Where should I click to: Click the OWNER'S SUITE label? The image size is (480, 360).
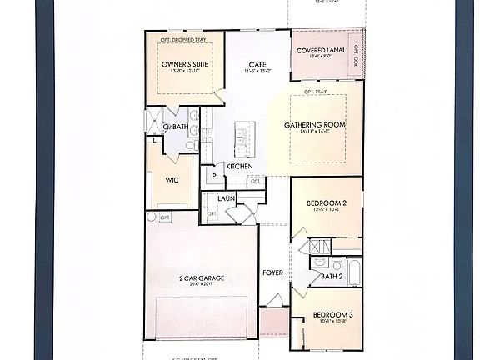(x=184, y=63)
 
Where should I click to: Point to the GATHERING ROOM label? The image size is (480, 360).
(x=314, y=125)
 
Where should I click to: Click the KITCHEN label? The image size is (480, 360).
(x=239, y=167)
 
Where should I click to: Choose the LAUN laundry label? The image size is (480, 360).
(x=226, y=198)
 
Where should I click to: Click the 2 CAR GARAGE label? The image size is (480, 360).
(x=201, y=277)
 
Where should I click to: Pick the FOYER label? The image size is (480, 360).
(x=272, y=272)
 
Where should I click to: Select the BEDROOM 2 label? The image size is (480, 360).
(x=326, y=203)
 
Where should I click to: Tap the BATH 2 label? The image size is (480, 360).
(x=331, y=276)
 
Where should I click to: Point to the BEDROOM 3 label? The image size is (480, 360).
(x=332, y=314)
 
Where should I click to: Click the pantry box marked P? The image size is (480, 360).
(x=213, y=177)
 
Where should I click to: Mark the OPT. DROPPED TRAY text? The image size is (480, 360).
(x=183, y=38)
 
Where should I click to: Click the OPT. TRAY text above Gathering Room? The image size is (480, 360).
(x=314, y=91)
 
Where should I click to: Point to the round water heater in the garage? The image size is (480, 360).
(x=152, y=217)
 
